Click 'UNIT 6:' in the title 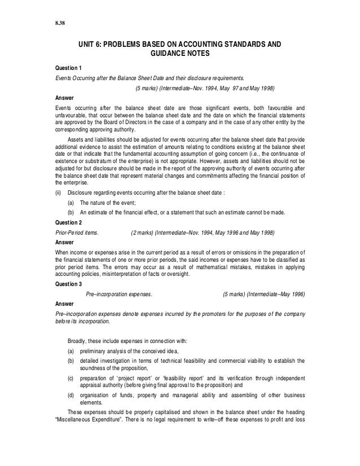pyautogui.click(x=92, y=45)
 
